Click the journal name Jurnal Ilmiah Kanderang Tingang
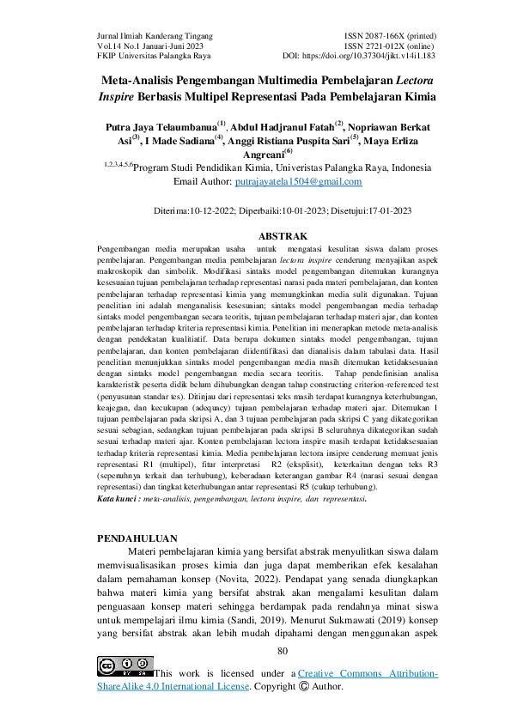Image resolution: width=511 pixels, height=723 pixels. (x=154, y=35)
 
